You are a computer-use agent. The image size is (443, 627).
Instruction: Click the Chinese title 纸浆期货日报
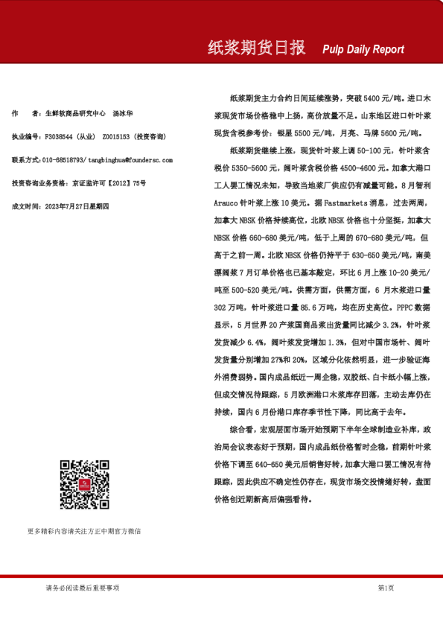256,48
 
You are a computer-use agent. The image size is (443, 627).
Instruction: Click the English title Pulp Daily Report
363,50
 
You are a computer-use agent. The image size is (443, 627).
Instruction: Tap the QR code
84,485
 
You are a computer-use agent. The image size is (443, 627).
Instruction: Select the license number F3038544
60,137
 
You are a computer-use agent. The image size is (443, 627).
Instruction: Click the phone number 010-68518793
64,160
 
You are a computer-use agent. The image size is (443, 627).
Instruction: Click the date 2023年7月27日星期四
77,206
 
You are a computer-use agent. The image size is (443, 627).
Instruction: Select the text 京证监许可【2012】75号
109,182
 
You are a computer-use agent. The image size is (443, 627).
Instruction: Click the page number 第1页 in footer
386,588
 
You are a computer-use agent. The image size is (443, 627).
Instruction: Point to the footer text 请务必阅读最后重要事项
82,588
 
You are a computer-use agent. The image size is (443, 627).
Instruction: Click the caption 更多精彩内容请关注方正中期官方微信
84,531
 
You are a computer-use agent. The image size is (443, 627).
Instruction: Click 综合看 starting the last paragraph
243,430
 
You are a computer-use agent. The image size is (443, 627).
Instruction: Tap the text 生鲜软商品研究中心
74,114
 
